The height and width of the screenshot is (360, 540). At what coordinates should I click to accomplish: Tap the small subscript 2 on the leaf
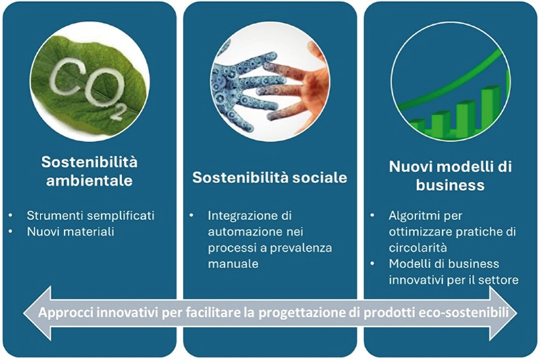(116, 113)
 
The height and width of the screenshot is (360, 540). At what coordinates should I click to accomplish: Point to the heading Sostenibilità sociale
(269, 178)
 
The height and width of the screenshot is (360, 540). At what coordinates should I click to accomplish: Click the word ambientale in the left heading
(90, 180)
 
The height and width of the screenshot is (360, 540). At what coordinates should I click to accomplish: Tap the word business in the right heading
(450, 185)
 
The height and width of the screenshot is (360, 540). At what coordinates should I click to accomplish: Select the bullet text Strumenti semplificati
(90, 215)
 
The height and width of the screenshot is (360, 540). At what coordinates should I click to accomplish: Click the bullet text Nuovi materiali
(71, 232)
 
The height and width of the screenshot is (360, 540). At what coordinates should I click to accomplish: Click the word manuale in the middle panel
(233, 264)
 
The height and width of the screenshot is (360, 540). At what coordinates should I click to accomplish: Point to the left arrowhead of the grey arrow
(37, 313)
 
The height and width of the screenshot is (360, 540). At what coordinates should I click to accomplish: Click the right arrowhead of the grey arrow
(504, 313)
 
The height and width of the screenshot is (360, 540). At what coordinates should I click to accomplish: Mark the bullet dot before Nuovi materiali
(11, 232)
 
